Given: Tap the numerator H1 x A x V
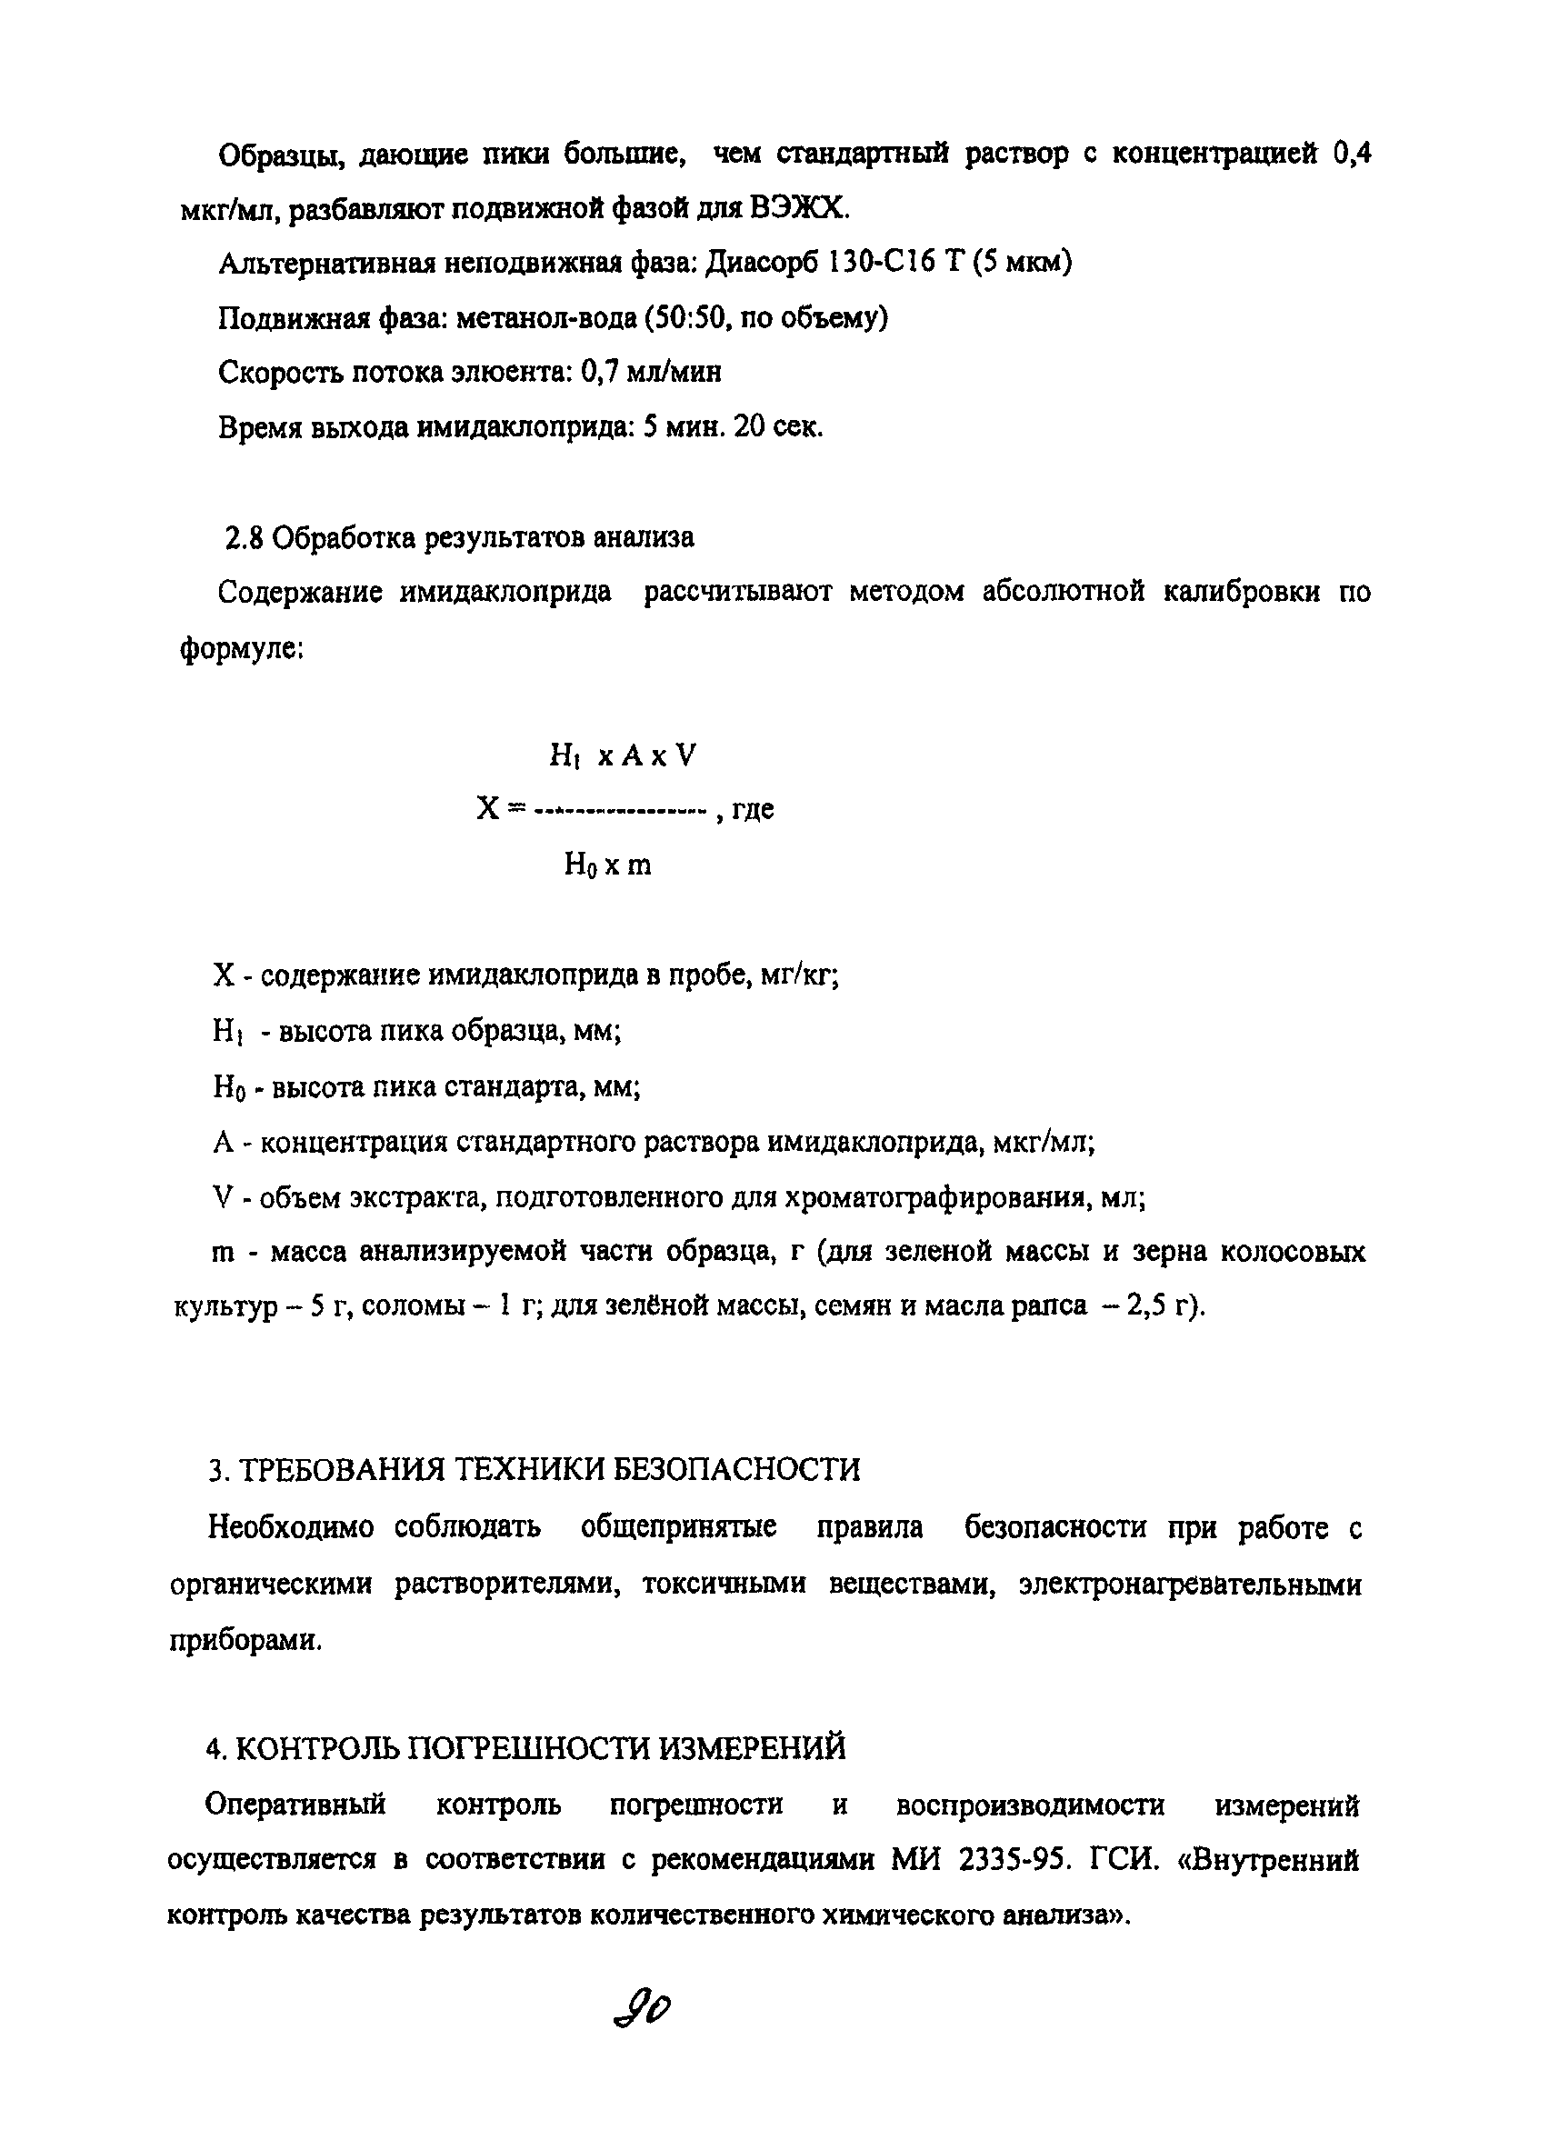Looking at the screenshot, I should pyautogui.click(x=622, y=755).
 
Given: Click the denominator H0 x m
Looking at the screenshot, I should pyautogui.click(x=607, y=865).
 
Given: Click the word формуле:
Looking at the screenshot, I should pyautogui.click(x=241, y=649).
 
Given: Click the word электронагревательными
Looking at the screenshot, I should pyautogui.click(x=1190, y=1584).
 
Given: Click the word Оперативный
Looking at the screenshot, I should pyautogui.click(x=295, y=1804).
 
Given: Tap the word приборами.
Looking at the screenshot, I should pyautogui.click(x=245, y=1641).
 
